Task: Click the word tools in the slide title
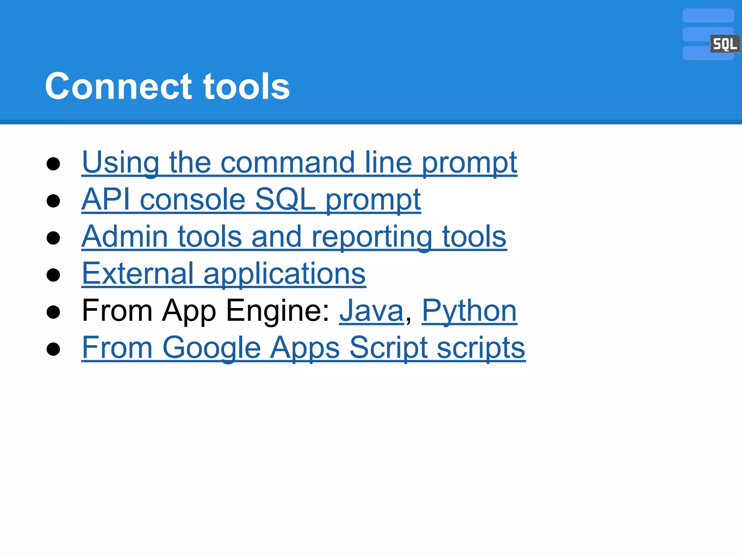[246, 87]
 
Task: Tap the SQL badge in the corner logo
[724, 44]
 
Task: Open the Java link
[371, 311]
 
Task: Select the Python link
[469, 311]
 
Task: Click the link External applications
[224, 274]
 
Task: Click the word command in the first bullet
[288, 163]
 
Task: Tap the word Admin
[125, 237]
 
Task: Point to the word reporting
[372, 237]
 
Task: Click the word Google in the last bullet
[212, 348]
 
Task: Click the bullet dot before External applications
[53, 275]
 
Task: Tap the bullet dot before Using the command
[53, 164]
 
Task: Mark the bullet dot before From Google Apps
[53, 349]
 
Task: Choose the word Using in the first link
[120, 163]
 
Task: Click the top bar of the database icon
[708, 16]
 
